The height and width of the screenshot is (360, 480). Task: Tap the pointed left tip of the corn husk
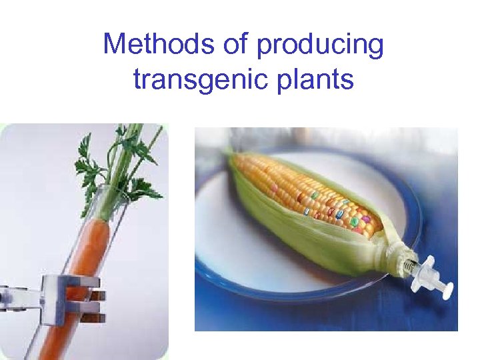coord(230,155)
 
